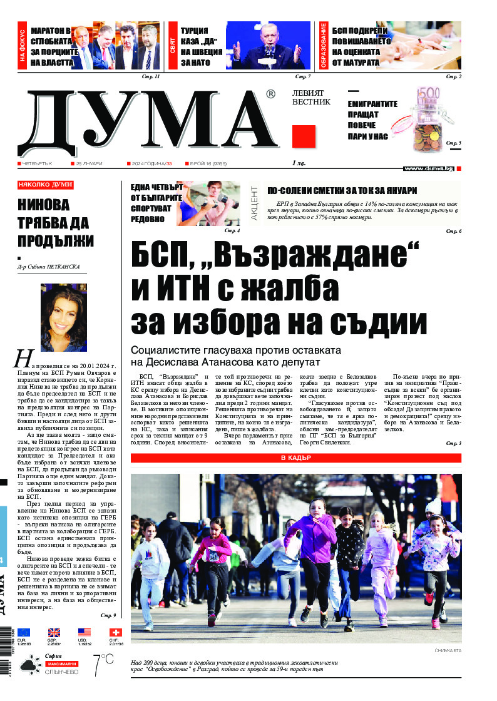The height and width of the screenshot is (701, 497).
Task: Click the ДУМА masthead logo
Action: [150, 122]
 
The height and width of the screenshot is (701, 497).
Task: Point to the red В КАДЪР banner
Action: [296, 458]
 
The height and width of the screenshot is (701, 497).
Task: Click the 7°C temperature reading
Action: [103, 665]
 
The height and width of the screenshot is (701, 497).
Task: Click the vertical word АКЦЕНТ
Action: [255, 201]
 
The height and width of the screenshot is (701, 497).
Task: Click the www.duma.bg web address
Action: [428, 168]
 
